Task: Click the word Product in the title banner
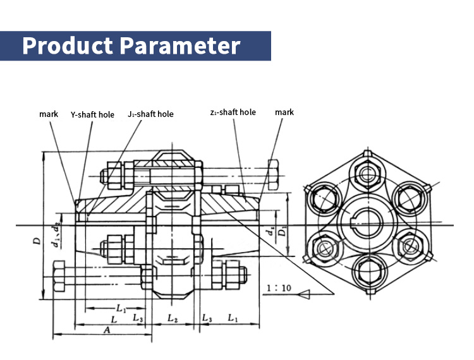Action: (x=66, y=45)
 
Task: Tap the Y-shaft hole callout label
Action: (x=92, y=114)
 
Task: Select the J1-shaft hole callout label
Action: (x=150, y=114)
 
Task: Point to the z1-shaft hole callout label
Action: (x=233, y=112)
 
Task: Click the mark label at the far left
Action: (x=49, y=114)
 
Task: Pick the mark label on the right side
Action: (x=284, y=112)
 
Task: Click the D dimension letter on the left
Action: (x=37, y=241)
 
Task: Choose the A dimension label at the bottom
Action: (x=107, y=329)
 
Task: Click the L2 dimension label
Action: (x=172, y=318)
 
